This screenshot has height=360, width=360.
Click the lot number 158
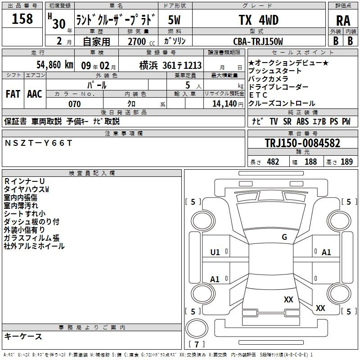click(22, 19)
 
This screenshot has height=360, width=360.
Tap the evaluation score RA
click(343, 21)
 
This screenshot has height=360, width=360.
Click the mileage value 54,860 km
click(50, 65)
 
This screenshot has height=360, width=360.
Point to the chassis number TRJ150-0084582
click(302, 144)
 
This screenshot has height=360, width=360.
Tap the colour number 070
click(74, 104)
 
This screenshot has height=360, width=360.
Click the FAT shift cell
click(13, 94)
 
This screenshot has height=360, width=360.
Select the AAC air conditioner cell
click(35, 94)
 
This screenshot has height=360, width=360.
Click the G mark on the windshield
click(284, 237)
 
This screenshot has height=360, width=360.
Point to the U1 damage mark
click(215, 252)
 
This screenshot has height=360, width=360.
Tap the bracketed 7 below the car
click(197, 344)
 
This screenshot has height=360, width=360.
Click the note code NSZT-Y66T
click(38, 143)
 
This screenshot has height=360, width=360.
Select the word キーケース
click(23, 337)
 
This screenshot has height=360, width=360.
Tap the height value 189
click(346, 162)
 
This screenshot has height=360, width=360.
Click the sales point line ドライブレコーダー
click(279, 87)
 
